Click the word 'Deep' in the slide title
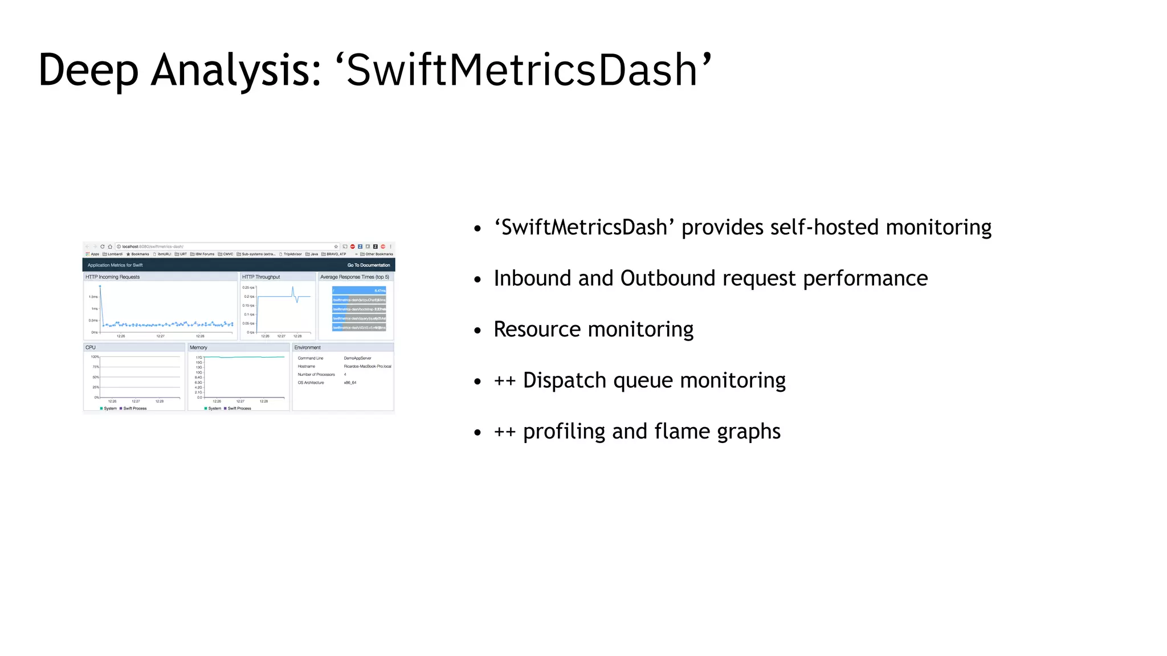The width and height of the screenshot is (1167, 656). click(88, 71)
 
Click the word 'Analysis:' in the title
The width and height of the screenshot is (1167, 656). click(236, 71)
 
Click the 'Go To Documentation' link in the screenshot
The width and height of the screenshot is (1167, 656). click(369, 265)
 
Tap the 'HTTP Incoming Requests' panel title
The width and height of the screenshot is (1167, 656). click(112, 277)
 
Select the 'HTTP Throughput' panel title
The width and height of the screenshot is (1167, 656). click(261, 277)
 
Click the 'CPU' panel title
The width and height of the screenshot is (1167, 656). click(91, 347)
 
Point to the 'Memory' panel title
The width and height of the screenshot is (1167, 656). click(198, 347)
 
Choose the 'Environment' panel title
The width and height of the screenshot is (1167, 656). click(307, 347)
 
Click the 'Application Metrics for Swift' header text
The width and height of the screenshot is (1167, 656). click(115, 265)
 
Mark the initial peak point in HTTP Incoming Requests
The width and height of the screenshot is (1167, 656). click(100, 286)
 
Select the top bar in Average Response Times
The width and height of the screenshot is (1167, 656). click(359, 290)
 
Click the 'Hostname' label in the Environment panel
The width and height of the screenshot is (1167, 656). click(307, 367)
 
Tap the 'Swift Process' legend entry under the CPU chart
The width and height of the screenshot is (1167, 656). click(134, 408)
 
